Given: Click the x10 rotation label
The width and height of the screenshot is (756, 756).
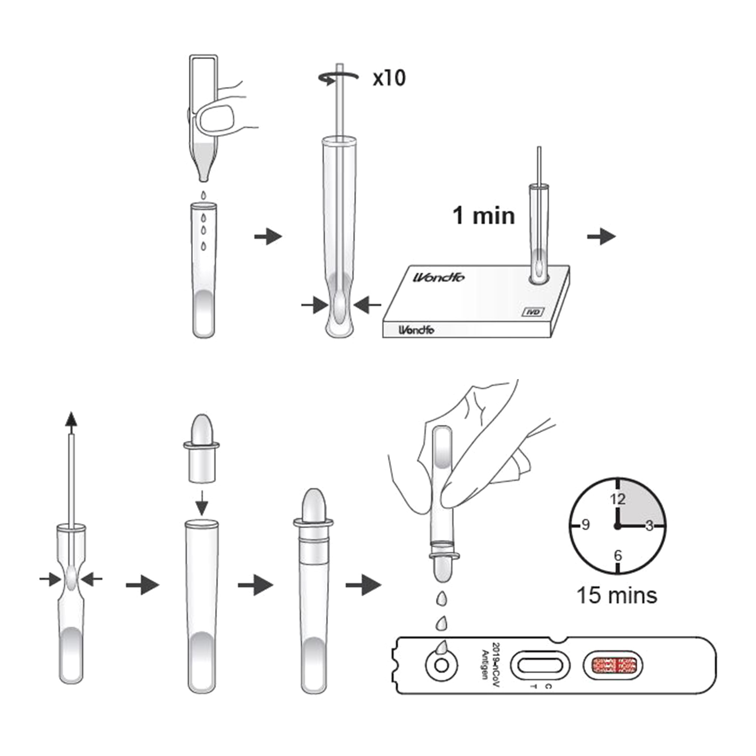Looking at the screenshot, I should [x=389, y=78].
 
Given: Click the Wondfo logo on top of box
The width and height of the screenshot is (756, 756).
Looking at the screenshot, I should [x=439, y=277].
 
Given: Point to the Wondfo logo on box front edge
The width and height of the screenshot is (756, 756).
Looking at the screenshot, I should [x=416, y=330].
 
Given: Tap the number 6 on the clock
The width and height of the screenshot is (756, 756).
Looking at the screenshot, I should [x=618, y=555].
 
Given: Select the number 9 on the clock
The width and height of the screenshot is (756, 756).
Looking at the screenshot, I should [x=586, y=525].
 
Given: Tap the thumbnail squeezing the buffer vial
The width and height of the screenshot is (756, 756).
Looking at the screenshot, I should [x=216, y=118].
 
